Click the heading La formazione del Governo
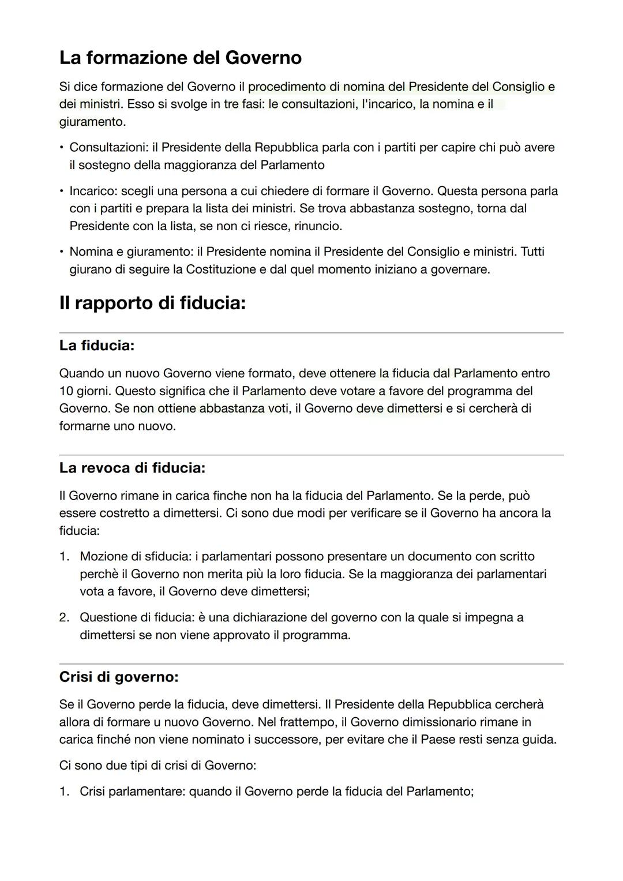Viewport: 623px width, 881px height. pos(180,58)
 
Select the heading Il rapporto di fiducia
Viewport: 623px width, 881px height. pos(152,303)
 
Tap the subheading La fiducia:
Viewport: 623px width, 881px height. pos(96,346)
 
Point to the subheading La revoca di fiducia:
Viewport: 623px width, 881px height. pos(132,468)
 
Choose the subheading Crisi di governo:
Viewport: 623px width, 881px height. pos(119,677)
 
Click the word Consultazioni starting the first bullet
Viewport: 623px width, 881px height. pos(108,148)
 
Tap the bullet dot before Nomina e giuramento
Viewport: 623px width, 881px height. pos(62,252)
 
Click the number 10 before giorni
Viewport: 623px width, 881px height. pos(67,391)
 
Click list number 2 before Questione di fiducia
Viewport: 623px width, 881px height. pos(64,618)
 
